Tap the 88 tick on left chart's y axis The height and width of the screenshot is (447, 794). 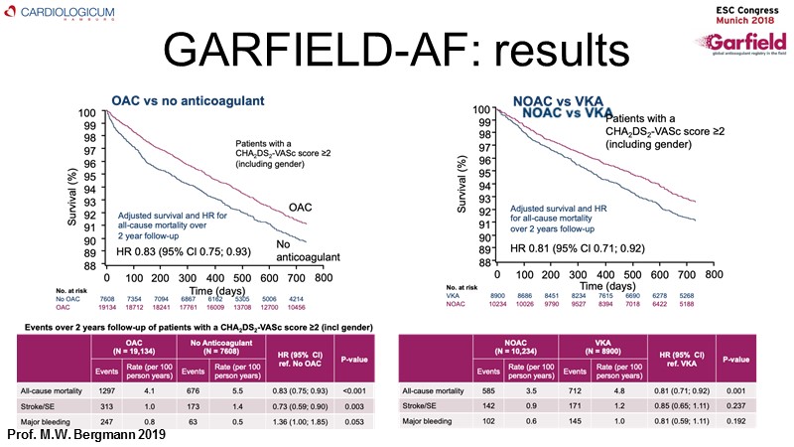(x=89, y=265)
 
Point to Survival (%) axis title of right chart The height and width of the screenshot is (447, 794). (x=463, y=189)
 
